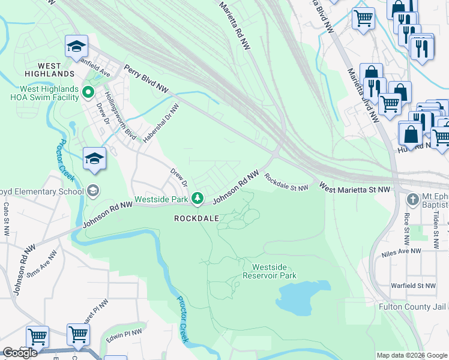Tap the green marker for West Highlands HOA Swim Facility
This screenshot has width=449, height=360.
pos(88,92)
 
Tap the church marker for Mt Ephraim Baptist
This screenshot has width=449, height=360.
pos(412,199)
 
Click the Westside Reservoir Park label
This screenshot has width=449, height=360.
pos(270,271)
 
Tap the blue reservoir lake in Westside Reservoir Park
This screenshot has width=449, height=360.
pos(304,298)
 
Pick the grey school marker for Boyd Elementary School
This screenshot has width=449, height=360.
pos(92,191)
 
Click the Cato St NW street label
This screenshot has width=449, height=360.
pos(7,214)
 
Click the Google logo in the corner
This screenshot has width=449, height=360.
pos(20,353)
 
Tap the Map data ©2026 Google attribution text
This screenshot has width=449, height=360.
pos(412,355)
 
